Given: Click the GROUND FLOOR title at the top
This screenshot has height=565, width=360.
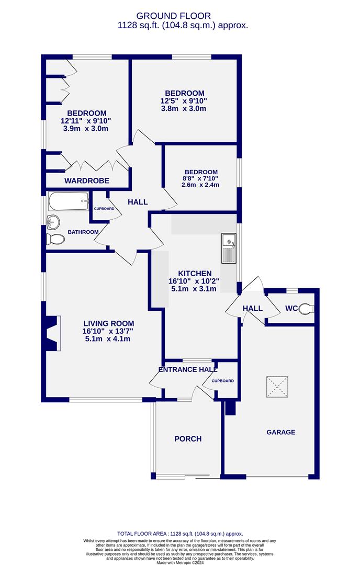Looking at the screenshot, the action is [173, 16].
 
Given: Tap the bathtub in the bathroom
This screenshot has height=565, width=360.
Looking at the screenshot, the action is [69, 201].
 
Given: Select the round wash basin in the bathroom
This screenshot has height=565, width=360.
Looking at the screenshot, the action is [53, 222].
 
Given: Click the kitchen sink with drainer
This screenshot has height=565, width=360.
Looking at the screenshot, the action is [229, 248].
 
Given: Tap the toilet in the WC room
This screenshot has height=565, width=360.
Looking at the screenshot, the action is [307, 309].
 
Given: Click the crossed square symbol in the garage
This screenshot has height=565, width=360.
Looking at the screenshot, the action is [277, 387].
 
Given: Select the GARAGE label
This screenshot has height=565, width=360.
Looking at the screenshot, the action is [280, 432].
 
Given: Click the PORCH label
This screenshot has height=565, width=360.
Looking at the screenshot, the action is [188, 439].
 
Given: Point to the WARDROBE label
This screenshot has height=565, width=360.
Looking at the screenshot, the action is [86, 180].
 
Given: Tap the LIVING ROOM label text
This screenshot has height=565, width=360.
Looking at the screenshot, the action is [108, 324].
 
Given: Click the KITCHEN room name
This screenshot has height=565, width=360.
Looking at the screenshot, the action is [195, 274].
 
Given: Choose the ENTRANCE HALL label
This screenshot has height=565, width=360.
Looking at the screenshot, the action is [188, 370].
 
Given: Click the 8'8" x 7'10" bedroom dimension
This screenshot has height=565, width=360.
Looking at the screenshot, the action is [200, 179].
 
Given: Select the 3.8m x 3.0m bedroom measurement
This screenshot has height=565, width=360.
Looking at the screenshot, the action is [184, 108].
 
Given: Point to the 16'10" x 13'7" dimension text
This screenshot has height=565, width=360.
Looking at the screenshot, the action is [108, 331].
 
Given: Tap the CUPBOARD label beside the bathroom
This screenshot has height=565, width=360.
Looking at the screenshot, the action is [104, 209].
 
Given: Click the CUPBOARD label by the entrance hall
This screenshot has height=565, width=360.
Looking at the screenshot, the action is [223, 381].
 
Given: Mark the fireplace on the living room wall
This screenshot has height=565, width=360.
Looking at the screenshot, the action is [51, 333].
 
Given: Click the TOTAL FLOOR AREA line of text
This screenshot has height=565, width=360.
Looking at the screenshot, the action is [180, 534].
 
